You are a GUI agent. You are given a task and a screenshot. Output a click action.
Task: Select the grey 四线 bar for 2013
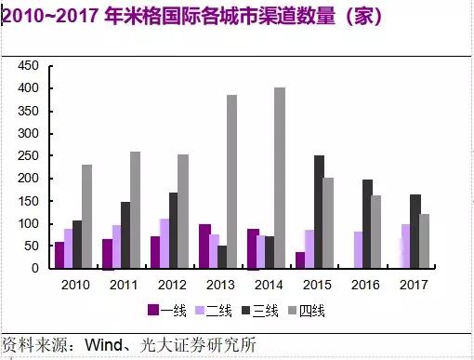click(x=231, y=181)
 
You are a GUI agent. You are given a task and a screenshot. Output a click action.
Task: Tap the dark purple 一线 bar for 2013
click(x=204, y=246)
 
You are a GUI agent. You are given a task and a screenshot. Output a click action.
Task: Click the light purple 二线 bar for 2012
click(x=165, y=243)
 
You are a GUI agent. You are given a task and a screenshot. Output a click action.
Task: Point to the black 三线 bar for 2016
click(x=367, y=223)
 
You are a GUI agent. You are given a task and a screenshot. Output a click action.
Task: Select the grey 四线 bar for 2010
click(x=86, y=216)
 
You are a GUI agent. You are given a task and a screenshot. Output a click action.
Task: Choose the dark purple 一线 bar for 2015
click(x=300, y=260)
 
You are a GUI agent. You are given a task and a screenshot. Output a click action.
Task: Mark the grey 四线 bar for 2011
click(x=135, y=209)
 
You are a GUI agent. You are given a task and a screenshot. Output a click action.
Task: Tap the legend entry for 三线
click(x=263, y=310)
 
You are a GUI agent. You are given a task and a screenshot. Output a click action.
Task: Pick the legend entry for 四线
click(x=313, y=310)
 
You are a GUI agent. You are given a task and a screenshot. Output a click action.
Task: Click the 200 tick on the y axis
click(x=30, y=178)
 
